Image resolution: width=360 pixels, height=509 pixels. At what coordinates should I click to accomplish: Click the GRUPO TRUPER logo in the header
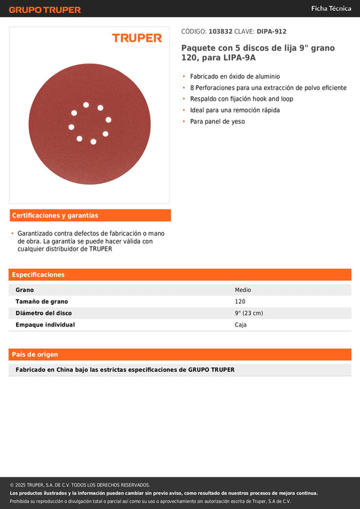click(x=45, y=9)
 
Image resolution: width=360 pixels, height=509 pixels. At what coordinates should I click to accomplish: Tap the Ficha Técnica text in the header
click(x=330, y=9)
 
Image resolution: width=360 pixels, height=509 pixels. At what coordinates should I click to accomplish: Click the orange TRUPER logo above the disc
click(x=137, y=38)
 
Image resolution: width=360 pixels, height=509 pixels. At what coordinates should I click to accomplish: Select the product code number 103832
click(x=220, y=31)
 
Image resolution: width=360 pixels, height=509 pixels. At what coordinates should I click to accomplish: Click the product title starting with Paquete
click(x=257, y=53)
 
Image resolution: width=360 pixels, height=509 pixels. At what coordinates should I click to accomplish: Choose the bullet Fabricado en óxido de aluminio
click(x=234, y=76)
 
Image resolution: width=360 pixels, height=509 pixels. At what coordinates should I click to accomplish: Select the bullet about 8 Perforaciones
click(x=268, y=88)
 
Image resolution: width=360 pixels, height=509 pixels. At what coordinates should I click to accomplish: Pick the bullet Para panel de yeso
click(x=217, y=122)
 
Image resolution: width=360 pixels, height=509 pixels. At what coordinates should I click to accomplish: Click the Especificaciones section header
click(x=38, y=274)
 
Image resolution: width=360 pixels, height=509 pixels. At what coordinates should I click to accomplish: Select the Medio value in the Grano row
click(x=242, y=290)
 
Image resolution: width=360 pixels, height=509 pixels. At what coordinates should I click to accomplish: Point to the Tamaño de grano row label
click(x=42, y=301)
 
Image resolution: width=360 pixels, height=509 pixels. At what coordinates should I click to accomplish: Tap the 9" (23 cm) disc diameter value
click(x=249, y=313)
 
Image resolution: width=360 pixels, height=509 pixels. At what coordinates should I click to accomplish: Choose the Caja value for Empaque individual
click(x=240, y=324)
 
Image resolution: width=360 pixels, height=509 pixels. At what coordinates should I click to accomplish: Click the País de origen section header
click(x=35, y=354)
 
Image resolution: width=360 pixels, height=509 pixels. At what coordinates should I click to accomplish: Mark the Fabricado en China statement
click(x=125, y=370)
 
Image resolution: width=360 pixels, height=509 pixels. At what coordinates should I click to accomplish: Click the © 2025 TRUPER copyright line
click(x=80, y=485)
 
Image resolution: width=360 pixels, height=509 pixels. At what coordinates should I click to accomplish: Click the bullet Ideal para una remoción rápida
click(x=234, y=110)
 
